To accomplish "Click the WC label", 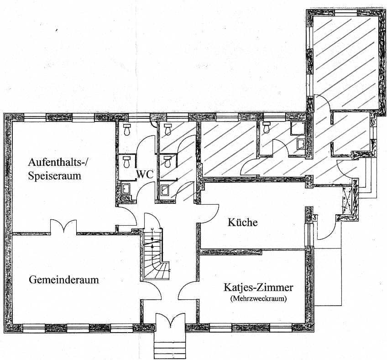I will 144,175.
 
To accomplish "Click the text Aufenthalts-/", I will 57,162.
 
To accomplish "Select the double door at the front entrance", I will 170,322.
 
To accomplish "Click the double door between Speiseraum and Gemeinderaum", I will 63,226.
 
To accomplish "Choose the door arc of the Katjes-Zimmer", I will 188,291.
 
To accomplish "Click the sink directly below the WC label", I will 126,188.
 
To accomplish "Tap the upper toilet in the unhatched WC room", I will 127,130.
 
